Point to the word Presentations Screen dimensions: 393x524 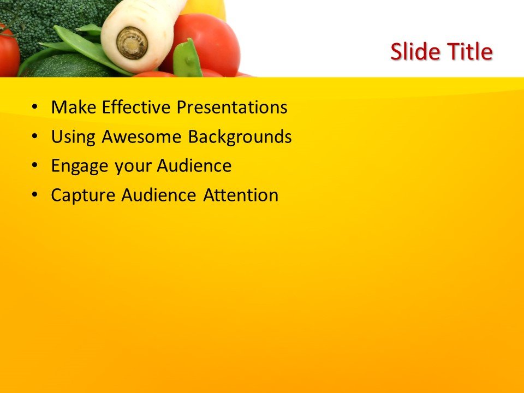pyautogui.click(x=231, y=108)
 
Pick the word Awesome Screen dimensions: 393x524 pyautogui.click(x=142, y=137)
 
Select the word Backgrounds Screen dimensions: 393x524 pyautogui.click(x=240, y=137)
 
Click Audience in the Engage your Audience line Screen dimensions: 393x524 pyautogui.click(x=194, y=166)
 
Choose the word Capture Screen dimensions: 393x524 pyautogui.click(x=84, y=195)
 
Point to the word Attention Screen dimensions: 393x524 pyautogui.click(x=241, y=195)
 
